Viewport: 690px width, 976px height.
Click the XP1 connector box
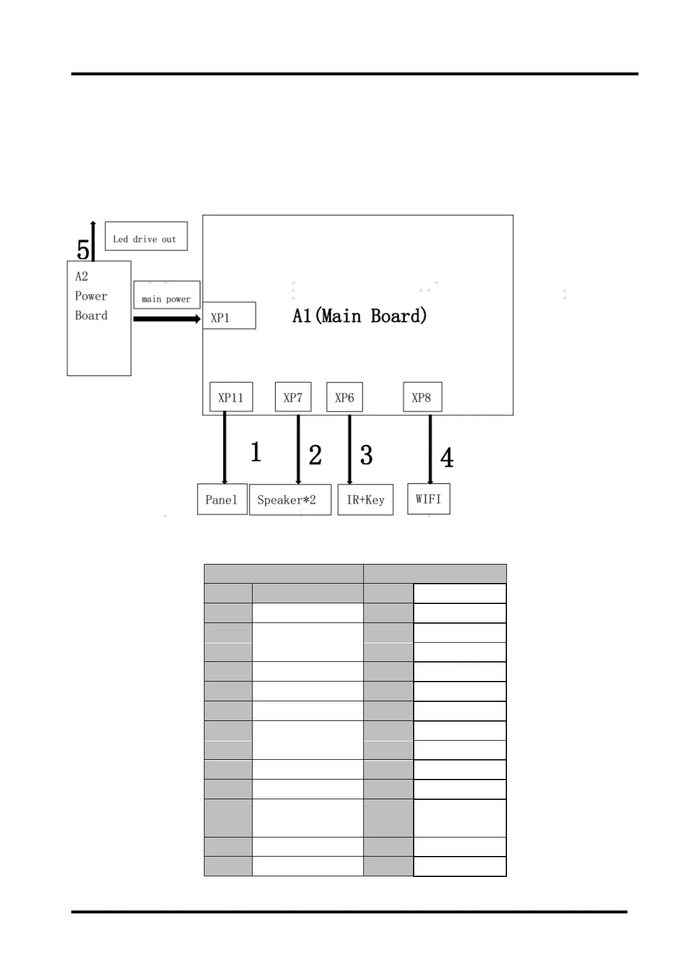(229, 316)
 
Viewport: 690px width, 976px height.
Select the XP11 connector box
(231, 397)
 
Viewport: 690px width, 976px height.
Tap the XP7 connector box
(293, 397)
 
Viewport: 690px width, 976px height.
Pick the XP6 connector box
(344, 397)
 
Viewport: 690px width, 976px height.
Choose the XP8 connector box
(422, 397)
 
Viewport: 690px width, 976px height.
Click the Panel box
(222, 500)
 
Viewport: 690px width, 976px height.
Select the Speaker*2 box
(290, 500)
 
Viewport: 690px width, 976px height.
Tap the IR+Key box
(365, 500)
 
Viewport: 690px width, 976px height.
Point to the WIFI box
(428, 499)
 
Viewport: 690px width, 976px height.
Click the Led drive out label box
(146, 236)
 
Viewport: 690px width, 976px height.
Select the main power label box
(166, 296)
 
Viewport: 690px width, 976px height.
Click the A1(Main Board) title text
(359, 316)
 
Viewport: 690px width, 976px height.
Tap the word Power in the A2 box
(91, 296)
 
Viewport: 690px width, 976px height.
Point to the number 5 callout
(83, 250)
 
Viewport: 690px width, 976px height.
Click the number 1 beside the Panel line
(255, 452)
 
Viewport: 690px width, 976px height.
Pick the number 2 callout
(315, 455)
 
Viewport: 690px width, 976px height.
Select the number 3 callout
(366, 455)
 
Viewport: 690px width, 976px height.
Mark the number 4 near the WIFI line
(447, 458)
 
